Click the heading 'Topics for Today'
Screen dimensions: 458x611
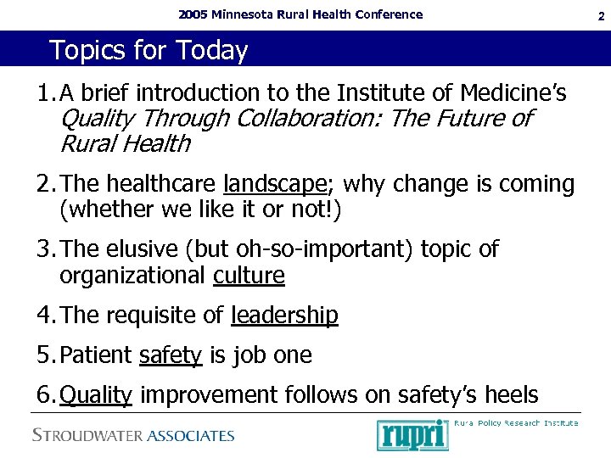click(149, 51)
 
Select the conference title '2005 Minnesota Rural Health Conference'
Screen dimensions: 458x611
click(300, 14)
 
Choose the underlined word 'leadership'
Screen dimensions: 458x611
click(284, 316)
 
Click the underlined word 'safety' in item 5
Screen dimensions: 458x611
click(170, 355)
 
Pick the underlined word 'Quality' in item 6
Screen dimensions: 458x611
click(96, 394)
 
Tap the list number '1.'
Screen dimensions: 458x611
click(47, 92)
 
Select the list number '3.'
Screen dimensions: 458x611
click(47, 249)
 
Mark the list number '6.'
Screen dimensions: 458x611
click(47, 394)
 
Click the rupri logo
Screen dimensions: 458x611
click(412, 435)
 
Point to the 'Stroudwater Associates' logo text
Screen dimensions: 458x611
click(133, 436)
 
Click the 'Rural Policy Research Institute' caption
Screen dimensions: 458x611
click(516, 422)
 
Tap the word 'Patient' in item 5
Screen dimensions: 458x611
click(97, 355)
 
